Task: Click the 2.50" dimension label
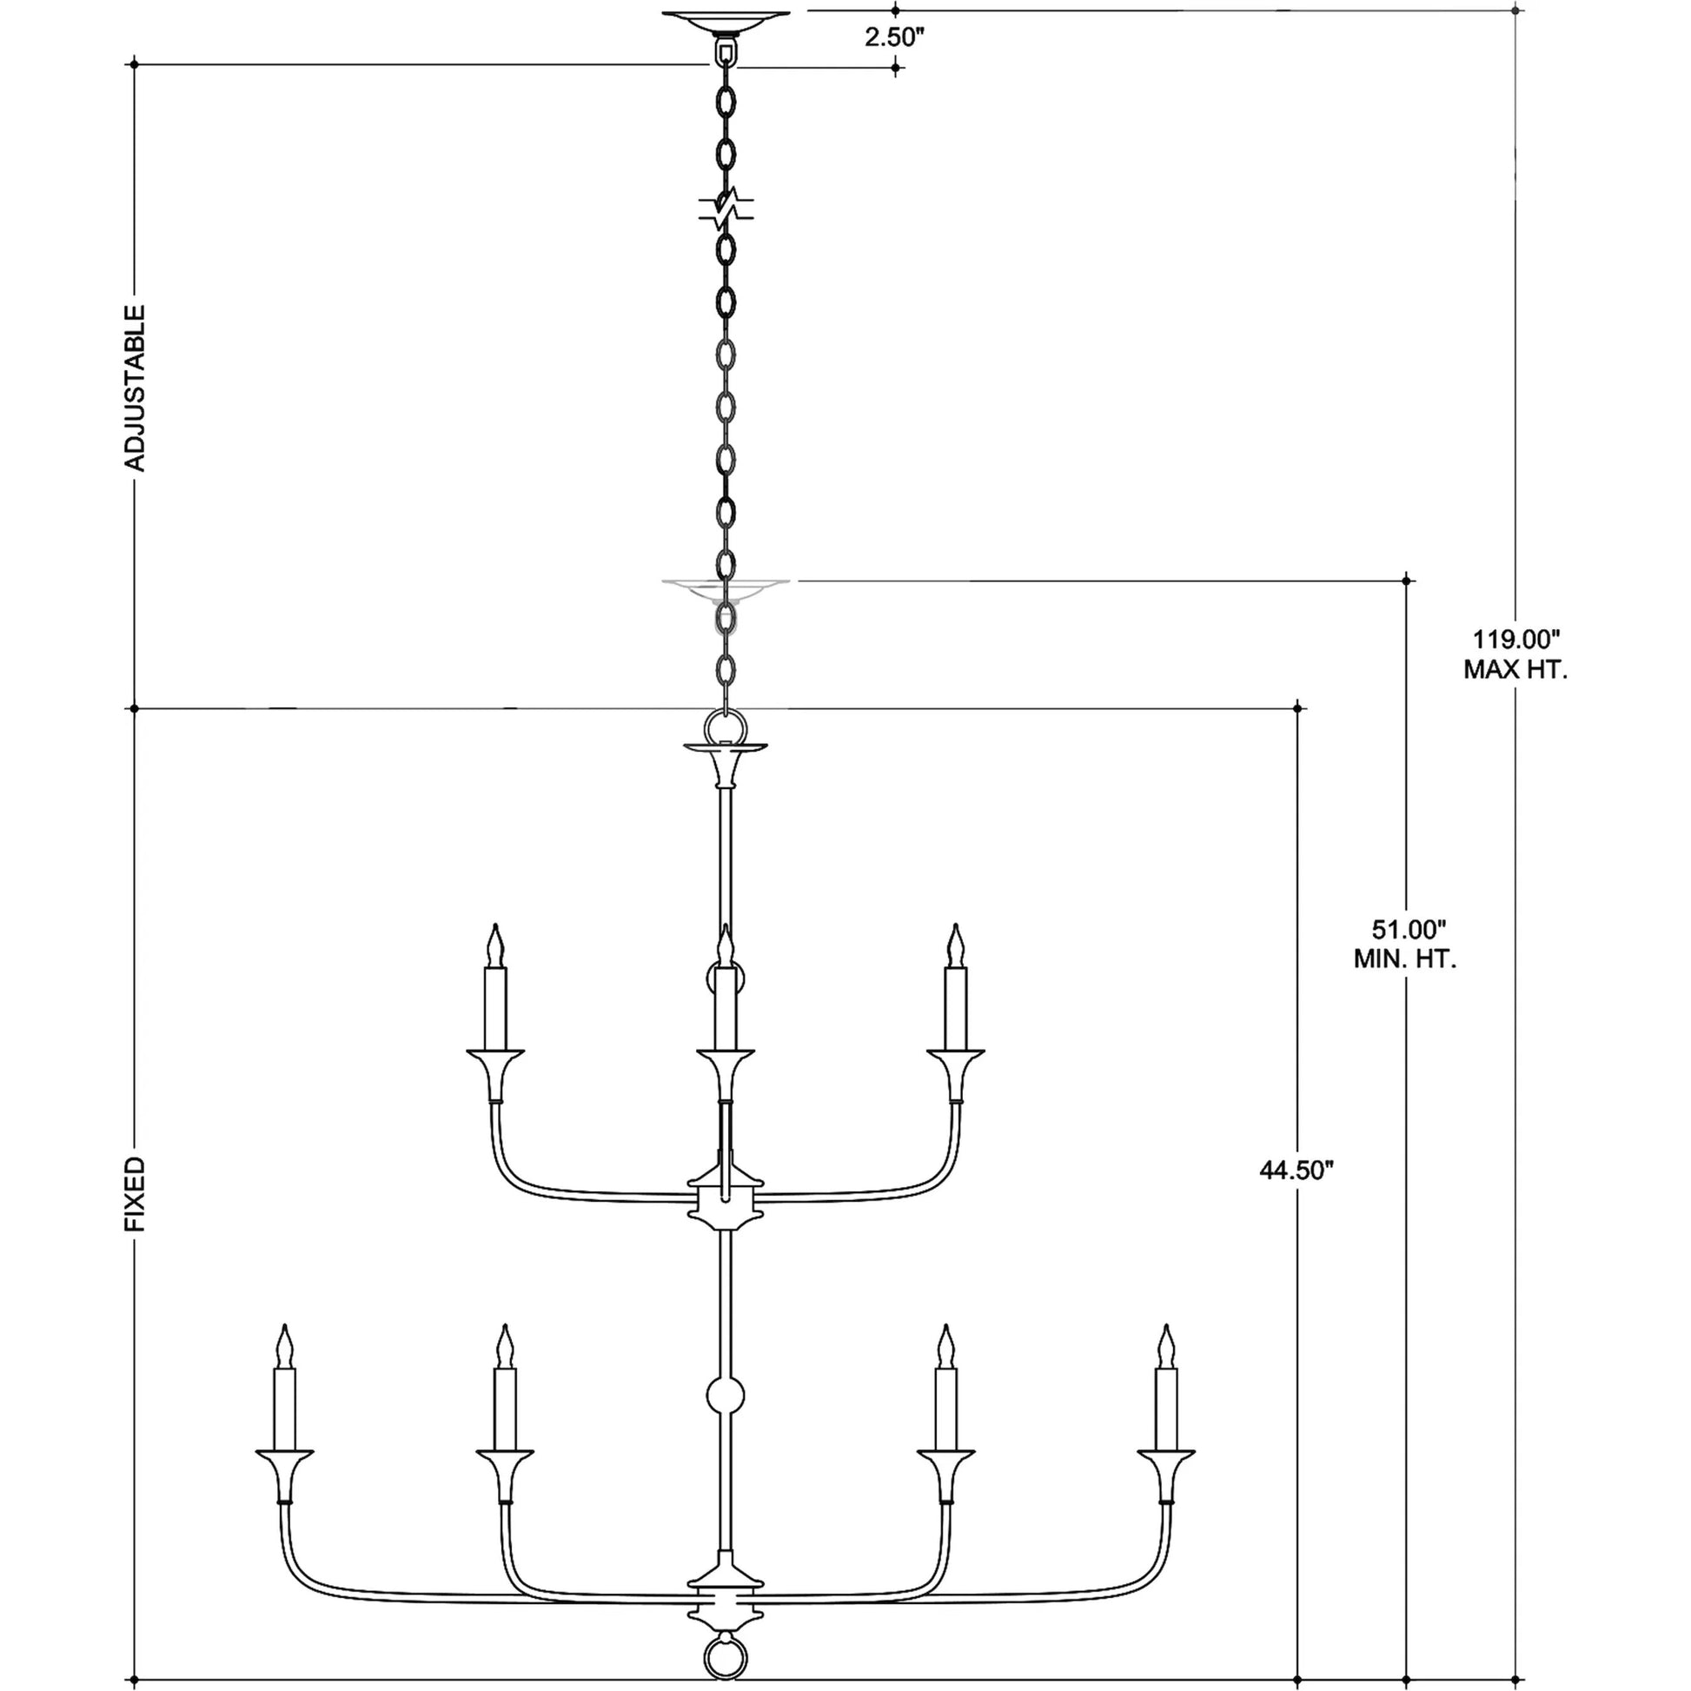click(x=895, y=37)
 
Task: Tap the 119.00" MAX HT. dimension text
click(x=1516, y=653)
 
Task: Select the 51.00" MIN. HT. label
click(x=1406, y=943)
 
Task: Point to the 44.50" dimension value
click(x=1296, y=1170)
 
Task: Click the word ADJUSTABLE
click(x=135, y=388)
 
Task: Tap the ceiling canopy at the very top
click(x=726, y=19)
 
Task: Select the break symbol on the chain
click(x=726, y=209)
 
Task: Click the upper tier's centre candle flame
click(x=725, y=946)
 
